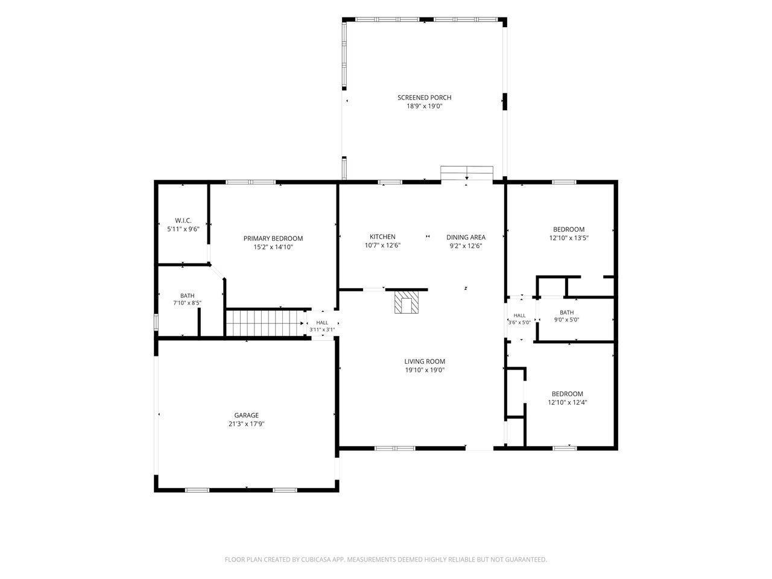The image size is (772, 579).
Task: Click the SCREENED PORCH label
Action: (424, 97)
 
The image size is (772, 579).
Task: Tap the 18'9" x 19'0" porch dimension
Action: (424, 106)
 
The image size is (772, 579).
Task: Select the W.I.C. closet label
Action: (183, 220)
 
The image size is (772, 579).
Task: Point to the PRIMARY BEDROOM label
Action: (273, 238)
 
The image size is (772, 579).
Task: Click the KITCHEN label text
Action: (382, 236)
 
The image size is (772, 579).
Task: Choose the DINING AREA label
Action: (466, 237)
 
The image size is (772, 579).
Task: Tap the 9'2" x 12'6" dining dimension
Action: (466, 245)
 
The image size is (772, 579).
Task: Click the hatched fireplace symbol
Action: (407, 302)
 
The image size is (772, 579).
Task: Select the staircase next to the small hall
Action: (265, 323)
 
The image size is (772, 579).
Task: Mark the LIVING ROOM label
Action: (425, 361)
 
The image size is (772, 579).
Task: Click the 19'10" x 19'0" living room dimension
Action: (425, 370)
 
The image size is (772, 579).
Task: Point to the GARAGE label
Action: (246, 415)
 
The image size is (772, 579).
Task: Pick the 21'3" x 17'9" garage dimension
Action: (246, 424)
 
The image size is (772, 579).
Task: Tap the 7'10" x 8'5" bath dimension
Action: (187, 303)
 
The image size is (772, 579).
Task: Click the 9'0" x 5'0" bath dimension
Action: (566, 320)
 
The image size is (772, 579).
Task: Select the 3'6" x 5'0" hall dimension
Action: (519, 322)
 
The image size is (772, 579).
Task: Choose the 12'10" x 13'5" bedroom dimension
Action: (569, 238)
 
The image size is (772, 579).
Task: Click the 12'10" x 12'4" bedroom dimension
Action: (568, 402)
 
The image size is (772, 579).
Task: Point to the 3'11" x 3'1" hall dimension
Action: (322, 329)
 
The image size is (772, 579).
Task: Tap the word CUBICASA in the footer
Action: (316, 559)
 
